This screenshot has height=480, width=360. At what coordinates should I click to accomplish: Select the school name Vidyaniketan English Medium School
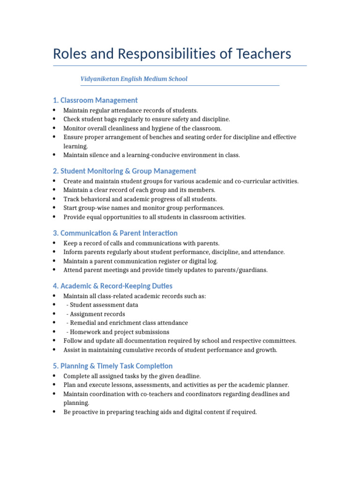coord(134,79)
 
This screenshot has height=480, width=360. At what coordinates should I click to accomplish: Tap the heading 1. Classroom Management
coord(95,100)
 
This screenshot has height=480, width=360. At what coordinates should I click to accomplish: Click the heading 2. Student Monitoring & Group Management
coord(124,171)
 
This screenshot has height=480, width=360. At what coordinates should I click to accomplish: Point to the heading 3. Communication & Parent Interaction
coord(115,233)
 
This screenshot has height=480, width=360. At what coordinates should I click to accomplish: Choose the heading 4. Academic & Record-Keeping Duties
coord(112,285)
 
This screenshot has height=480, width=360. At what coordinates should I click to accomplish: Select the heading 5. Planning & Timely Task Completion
coord(112,366)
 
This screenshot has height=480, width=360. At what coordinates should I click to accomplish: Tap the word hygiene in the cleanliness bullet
coord(157,128)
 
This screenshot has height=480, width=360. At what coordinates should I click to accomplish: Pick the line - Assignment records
coord(96,314)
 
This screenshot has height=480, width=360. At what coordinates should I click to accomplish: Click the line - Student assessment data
coord(103,305)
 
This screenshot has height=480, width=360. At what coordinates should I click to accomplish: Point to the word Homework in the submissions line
coord(85,332)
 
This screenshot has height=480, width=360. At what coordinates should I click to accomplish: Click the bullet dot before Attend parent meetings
coord(54,270)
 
